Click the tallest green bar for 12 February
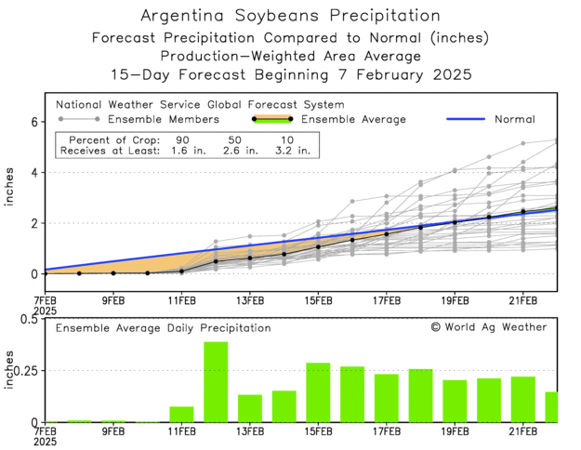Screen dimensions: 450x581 [x=216, y=382]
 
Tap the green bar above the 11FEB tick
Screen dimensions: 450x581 [x=181, y=414]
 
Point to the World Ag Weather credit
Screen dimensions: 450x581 [x=489, y=327]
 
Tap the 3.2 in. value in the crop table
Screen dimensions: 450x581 [x=292, y=150]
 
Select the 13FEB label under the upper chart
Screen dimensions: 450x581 [x=249, y=299]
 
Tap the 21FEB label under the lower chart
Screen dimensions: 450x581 [x=523, y=432]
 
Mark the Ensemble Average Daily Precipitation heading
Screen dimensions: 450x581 [x=163, y=328]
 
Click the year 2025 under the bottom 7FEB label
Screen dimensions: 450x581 [x=44, y=443]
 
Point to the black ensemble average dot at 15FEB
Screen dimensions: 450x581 [x=318, y=246]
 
